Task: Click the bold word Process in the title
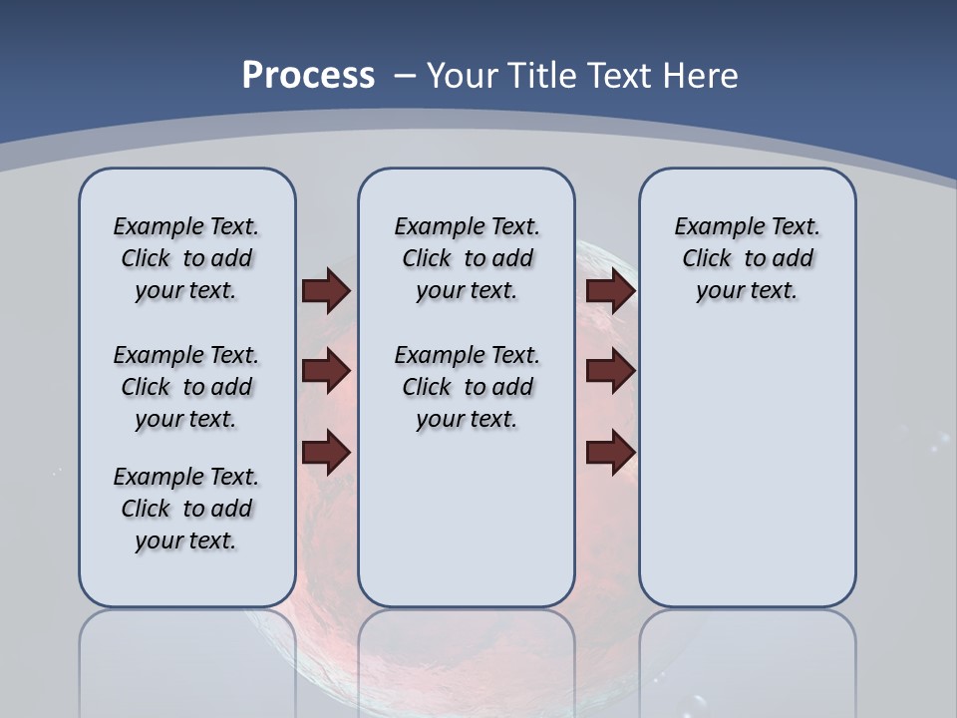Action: pyautogui.click(x=308, y=76)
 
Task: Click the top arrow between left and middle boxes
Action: pyautogui.click(x=326, y=291)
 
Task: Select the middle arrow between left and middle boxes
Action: pyautogui.click(x=326, y=372)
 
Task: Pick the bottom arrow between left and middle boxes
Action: pyautogui.click(x=326, y=452)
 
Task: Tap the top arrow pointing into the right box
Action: pyautogui.click(x=610, y=291)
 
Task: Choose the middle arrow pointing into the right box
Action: pyautogui.click(x=610, y=372)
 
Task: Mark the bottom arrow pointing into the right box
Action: pyautogui.click(x=610, y=452)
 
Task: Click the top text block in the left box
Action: pyautogui.click(x=186, y=258)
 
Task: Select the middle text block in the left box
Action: pyautogui.click(x=186, y=387)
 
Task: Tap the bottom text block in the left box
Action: pyautogui.click(x=186, y=509)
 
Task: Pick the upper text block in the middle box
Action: pyautogui.click(x=467, y=258)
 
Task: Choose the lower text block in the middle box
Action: pyautogui.click(x=467, y=387)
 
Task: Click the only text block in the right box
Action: pyautogui.click(x=747, y=258)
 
